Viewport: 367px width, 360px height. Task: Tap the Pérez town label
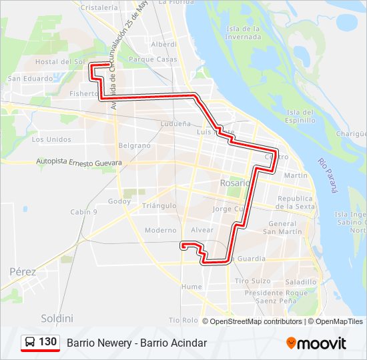click(x=23, y=271)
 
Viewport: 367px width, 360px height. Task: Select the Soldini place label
click(x=57, y=318)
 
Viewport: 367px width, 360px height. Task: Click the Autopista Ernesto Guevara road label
click(x=79, y=163)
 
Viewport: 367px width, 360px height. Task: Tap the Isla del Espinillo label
click(x=300, y=116)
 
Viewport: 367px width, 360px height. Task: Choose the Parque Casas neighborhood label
click(x=153, y=59)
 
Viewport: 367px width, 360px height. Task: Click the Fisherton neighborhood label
click(x=84, y=94)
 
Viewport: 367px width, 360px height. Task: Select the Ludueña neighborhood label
click(x=175, y=124)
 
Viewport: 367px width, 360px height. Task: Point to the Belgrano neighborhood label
click(x=134, y=145)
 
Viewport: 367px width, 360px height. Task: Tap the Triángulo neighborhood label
click(x=158, y=206)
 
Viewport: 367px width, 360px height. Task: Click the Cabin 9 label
click(x=84, y=212)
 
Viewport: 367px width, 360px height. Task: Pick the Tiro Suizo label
click(x=252, y=281)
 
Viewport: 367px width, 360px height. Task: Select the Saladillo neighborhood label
click(x=299, y=282)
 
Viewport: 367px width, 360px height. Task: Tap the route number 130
click(x=48, y=342)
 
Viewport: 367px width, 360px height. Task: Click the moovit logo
click(x=316, y=343)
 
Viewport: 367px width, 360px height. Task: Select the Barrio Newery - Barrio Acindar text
click(x=137, y=343)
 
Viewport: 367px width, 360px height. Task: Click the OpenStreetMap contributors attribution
click(x=256, y=321)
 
